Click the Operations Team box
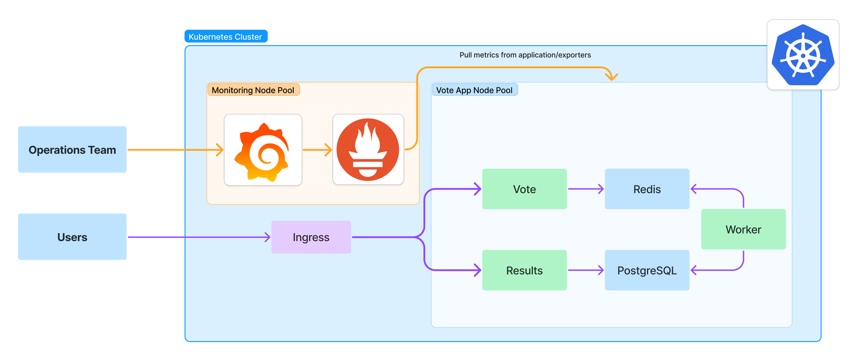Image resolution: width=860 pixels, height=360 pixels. point(72,150)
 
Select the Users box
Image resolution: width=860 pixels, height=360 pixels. point(72,237)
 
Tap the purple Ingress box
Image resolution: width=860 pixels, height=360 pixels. point(311,237)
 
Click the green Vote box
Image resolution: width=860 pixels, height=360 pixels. point(524,189)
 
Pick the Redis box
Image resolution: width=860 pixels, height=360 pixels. point(647,189)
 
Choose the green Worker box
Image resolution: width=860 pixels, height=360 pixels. point(743,229)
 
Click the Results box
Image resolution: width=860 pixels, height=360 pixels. point(524,270)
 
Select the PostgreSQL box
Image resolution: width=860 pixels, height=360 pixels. point(647,270)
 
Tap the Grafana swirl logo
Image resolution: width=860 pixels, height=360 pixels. point(263,150)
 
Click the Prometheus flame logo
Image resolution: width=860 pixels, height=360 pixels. point(368,150)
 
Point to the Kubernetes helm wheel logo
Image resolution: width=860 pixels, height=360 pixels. point(803,55)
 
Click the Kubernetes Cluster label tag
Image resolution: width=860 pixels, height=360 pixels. point(226,37)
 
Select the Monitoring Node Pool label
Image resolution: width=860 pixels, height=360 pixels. point(253,90)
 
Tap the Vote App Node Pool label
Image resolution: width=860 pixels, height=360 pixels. point(474,90)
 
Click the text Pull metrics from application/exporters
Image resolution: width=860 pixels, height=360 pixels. point(525,55)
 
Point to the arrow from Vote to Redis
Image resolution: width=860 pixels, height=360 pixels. point(586,189)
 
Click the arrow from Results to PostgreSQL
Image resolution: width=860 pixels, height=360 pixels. point(586,270)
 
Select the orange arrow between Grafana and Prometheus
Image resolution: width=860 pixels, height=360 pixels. point(317,150)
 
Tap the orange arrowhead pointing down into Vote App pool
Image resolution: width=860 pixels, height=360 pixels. point(611,77)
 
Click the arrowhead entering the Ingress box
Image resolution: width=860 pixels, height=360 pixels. point(267,237)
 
